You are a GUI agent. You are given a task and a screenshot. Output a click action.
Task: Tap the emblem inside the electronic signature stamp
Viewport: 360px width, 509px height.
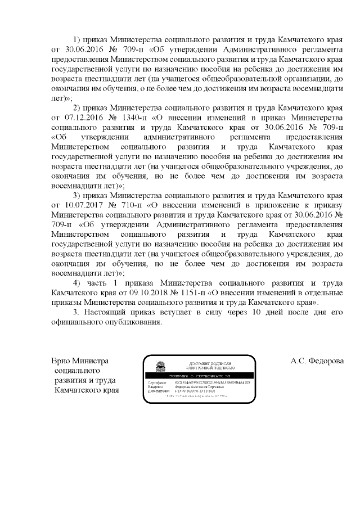tap(159, 366)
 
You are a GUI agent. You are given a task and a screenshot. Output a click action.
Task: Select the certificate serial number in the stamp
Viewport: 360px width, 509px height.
tap(215, 382)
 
